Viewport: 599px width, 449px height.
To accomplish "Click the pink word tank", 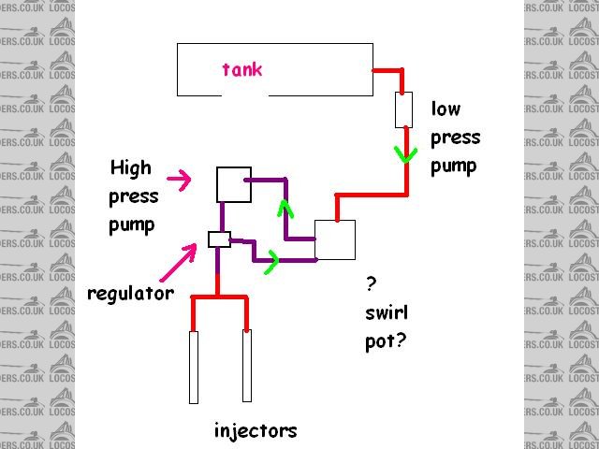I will click(x=242, y=69).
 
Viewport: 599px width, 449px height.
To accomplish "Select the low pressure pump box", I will click(x=404, y=109).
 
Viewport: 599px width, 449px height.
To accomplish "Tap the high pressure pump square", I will click(x=233, y=184).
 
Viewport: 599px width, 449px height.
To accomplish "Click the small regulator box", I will click(x=219, y=239).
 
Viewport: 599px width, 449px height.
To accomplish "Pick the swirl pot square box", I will click(x=335, y=240).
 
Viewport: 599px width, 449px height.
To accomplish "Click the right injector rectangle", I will click(x=248, y=366).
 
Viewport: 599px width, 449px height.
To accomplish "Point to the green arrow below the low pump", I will click(x=405, y=152).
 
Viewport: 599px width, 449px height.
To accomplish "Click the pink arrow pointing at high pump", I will click(x=179, y=176).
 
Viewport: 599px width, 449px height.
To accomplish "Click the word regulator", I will click(x=130, y=294).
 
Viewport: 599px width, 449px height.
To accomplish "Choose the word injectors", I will click(x=255, y=431).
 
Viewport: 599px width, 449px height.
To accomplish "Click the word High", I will click(x=130, y=168).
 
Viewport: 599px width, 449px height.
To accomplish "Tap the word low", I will click(x=446, y=108).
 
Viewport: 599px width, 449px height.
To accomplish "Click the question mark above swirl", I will click(x=372, y=282).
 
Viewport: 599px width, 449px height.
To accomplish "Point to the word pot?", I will click(x=386, y=341).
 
